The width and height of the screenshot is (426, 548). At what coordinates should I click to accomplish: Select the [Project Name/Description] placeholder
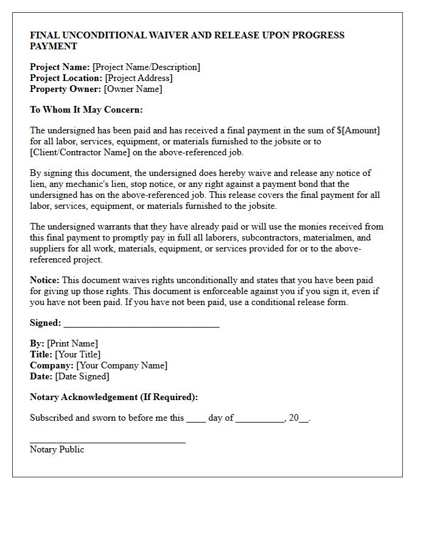coord(146,67)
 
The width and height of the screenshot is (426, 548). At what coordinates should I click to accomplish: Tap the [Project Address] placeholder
coord(139,78)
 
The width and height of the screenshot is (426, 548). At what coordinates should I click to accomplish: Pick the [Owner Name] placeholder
coord(133,89)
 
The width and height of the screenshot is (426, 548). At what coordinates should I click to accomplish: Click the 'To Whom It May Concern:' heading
coord(86,110)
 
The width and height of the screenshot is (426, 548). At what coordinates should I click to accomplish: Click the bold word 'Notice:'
coord(44,280)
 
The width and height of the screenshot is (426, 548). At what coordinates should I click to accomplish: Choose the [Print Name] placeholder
coord(72,343)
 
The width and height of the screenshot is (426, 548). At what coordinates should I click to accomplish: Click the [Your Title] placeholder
coord(78,354)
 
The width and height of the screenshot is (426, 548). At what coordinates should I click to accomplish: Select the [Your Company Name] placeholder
coord(122,365)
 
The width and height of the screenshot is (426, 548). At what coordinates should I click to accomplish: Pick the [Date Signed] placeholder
coord(82,376)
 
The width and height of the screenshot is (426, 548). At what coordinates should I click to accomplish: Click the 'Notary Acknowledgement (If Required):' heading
coord(114,397)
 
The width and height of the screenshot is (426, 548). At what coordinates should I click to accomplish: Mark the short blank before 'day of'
coord(196,420)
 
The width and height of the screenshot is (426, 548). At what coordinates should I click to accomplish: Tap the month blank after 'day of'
coord(260,420)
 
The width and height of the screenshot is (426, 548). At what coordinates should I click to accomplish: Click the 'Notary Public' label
coord(57,449)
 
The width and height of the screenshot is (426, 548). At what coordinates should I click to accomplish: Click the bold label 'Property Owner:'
coord(66,89)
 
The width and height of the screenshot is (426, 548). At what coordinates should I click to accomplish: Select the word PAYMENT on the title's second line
coord(54,46)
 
